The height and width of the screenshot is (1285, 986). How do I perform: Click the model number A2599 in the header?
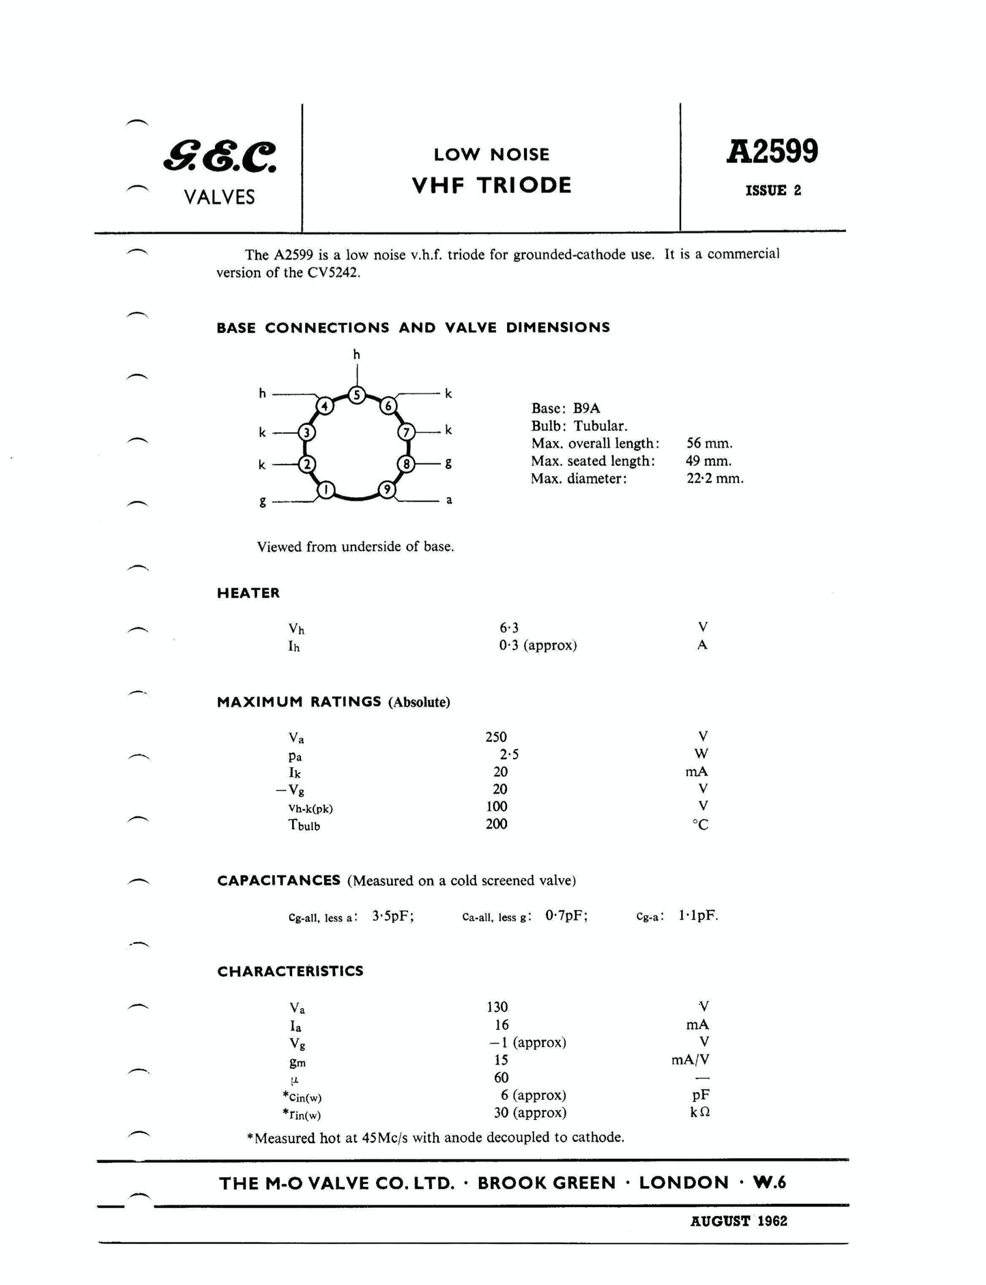tap(772, 151)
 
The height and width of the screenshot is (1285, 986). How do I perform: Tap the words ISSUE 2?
tap(772, 190)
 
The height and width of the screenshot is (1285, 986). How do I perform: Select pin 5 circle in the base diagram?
tap(357, 395)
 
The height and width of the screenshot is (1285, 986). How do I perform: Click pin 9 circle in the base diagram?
tap(387, 490)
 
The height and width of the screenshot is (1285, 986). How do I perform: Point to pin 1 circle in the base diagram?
tap(326, 490)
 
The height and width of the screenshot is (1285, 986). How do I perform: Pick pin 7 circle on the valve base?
tap(407, 432)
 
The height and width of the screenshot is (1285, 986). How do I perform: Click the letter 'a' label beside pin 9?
tap(449, 500)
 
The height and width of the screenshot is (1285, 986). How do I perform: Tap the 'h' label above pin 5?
tap(356, 354)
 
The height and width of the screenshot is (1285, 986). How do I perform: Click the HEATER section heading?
tap(248, 593)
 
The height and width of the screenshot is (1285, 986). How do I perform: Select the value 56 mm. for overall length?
tap(710, 443)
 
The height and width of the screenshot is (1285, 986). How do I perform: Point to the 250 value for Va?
tap(496, 737)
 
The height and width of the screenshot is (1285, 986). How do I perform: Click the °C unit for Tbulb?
tap(700, 825)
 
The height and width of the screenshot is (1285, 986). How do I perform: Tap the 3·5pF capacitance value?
tap(392, 916)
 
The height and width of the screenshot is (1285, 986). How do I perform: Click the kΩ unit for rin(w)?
tap(700, 1112)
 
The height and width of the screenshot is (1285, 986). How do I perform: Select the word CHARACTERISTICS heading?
tap(290, 971)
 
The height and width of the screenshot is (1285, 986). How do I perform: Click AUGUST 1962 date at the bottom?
tap(738, 1221)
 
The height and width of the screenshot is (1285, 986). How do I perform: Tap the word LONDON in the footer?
tap(684, 1183)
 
